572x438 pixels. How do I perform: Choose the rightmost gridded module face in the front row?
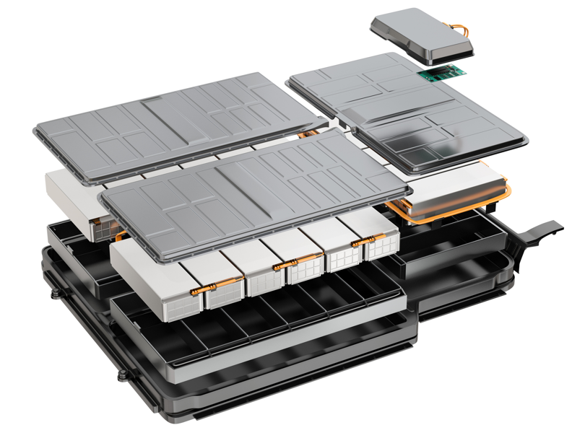(x=381, y=248)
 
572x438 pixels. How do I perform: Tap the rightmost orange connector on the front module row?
(x=361, y=244)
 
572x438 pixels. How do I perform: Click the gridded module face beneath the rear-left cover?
(x=105, y=229)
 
